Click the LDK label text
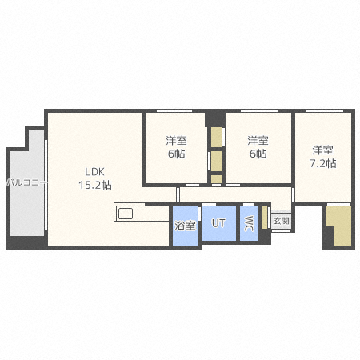[x=95, y=170]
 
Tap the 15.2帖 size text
[x=94, y=185]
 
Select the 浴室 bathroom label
[x=185, y=225]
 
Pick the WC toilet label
[x=249, y=223]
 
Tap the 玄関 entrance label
[x=281, y=220]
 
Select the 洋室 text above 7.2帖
[x=322, y=150]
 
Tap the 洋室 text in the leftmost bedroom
[x=176, y=140]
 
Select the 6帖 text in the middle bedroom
[x=257, y=154]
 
